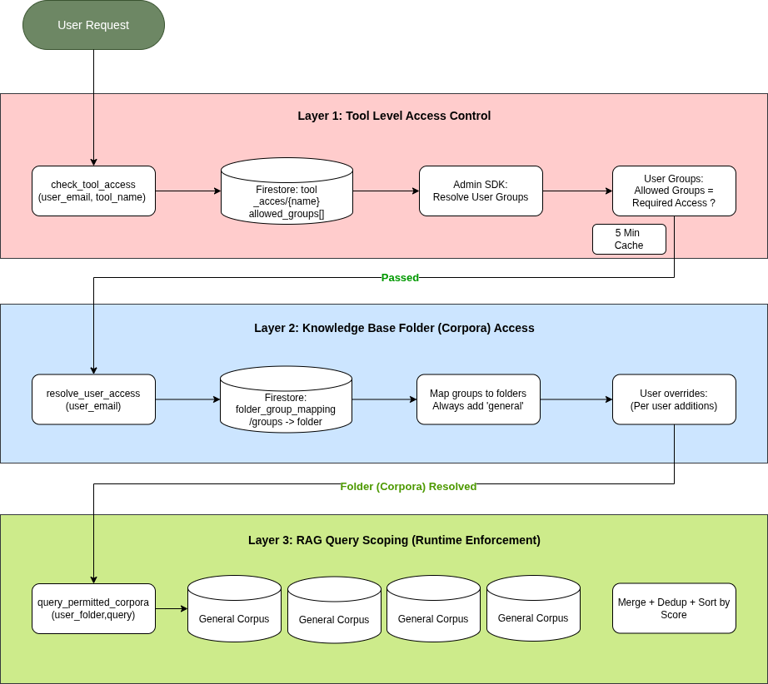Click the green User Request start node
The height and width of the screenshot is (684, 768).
tap(93, 25)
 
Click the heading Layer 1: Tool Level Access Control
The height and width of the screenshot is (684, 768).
tap(394, 116)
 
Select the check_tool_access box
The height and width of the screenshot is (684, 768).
tap(93, 191)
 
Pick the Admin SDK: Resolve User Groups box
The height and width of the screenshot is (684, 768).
tap(481, 191)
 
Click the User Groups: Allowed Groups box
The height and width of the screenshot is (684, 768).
tap(674, 191)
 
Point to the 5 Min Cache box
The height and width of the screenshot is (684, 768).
tap(629, 239)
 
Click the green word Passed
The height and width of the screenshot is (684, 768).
tap(400, 278)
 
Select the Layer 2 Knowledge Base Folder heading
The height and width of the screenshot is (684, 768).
tap(394, 328)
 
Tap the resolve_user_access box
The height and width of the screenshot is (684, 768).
tap(93, 399)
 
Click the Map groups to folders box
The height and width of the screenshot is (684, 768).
tap(478, 399)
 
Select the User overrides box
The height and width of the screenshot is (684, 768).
tap(674, 399)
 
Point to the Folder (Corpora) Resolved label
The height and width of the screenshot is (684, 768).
tap(408, 487)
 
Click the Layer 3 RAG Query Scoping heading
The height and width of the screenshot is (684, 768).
tap(394, 540)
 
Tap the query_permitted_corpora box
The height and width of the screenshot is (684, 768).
tap(93, 608)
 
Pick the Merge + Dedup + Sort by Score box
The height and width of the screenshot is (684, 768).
tap(674, 608)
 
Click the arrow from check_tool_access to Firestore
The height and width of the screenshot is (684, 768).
tap(187, 191)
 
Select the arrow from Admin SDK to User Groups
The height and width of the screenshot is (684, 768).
tap(577, 191)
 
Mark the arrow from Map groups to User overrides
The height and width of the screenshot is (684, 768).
tap(576, 399)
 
